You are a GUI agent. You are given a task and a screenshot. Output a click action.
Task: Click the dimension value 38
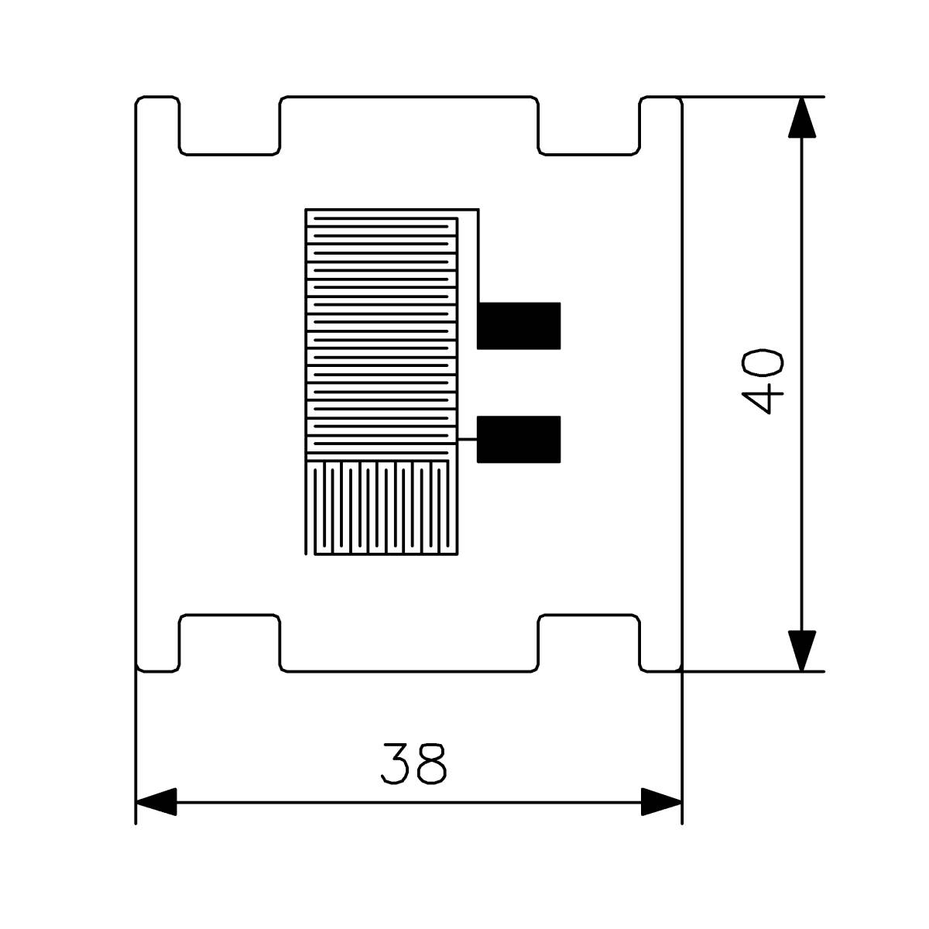[413, 764]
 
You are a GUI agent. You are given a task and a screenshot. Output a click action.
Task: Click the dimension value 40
[763, 382]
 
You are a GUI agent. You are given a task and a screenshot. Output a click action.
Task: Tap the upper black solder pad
[518, 325]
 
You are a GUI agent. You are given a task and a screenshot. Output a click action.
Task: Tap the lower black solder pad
[518, 439]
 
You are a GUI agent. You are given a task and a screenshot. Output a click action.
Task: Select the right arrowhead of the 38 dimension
[661, 801]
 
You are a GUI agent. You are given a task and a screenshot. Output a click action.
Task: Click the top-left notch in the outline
[229, 125]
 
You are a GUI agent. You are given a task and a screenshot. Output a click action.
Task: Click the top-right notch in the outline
[589, 125]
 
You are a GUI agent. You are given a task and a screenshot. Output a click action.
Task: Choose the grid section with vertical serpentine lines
[382, 508]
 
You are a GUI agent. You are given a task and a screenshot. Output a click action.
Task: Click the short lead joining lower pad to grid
[468, 440]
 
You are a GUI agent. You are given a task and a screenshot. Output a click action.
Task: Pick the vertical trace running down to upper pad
[478, 255]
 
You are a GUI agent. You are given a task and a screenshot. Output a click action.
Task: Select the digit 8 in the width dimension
[432, 764]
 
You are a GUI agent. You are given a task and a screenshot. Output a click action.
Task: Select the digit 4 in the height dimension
[763, 402]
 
